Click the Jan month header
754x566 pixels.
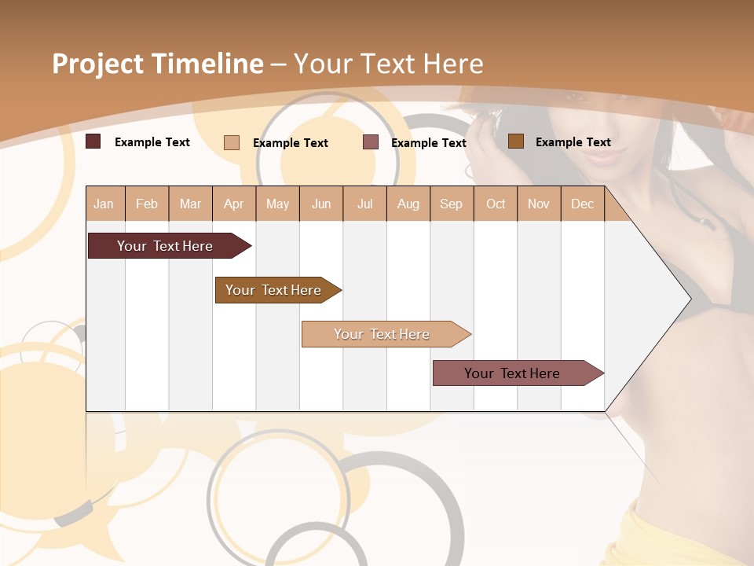(104, 204)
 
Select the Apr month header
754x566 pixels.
(234, 204)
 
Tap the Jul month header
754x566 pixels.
(364, 204)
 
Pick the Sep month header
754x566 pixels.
(451, 204)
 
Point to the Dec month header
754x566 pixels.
(582, 204)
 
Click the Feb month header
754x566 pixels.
(147, 204)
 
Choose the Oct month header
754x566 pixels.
(496, 204)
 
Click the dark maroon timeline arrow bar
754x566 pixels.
(165, 246)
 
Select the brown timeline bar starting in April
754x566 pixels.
(273, 290)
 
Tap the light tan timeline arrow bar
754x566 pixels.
(382, 334)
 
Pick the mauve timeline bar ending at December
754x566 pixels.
(512, 373)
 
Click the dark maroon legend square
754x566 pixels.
(93, 141)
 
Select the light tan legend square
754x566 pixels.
(232, 142)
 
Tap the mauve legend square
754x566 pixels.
(371, 142)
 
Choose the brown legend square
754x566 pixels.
(515, 141)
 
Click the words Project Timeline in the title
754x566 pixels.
(158, 64)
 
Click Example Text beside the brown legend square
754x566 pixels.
(573, 142)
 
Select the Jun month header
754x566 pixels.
(321, 204)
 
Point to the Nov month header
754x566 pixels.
(539, 204)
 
